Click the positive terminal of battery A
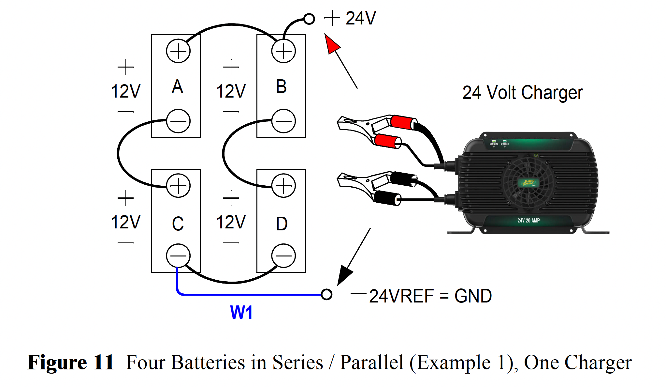coord(178,51)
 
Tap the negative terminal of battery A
coord(178,121)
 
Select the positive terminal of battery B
coord(283,51)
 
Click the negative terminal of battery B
coord(283,121)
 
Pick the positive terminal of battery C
coord(178,186)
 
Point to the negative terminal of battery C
coord(178,255)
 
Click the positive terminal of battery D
coord(283,186)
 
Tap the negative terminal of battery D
coord(283,255)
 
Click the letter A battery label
coord(177,87)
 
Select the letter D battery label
coord(282,224)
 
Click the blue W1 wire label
coord(241,312)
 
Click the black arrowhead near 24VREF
coord(344,275)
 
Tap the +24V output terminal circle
coord(309,19)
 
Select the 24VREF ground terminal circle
coord(326,294)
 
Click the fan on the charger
coord(528,182)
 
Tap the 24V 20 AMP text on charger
coord(528,221)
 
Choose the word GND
coord(473,296)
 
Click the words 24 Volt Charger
coord(522,93)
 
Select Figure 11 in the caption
coord(70,362)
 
